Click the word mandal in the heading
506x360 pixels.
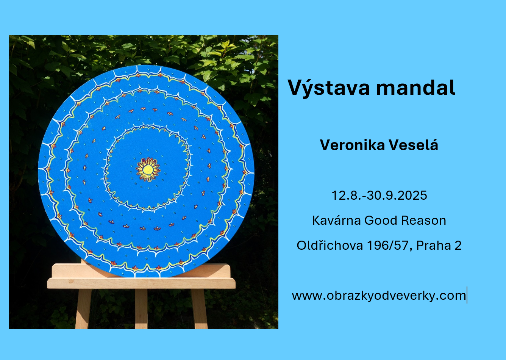415,87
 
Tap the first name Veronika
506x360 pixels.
352,145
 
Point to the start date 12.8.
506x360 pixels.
347,196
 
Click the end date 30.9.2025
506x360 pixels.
397,196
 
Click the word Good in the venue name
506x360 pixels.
381,220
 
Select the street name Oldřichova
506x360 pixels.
330,246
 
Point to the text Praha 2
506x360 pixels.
439,246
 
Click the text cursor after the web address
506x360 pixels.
467,295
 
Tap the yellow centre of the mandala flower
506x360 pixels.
148,169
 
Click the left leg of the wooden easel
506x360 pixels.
83,308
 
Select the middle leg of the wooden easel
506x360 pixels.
141,308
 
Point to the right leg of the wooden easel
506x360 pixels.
199,308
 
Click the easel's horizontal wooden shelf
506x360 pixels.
141,283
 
